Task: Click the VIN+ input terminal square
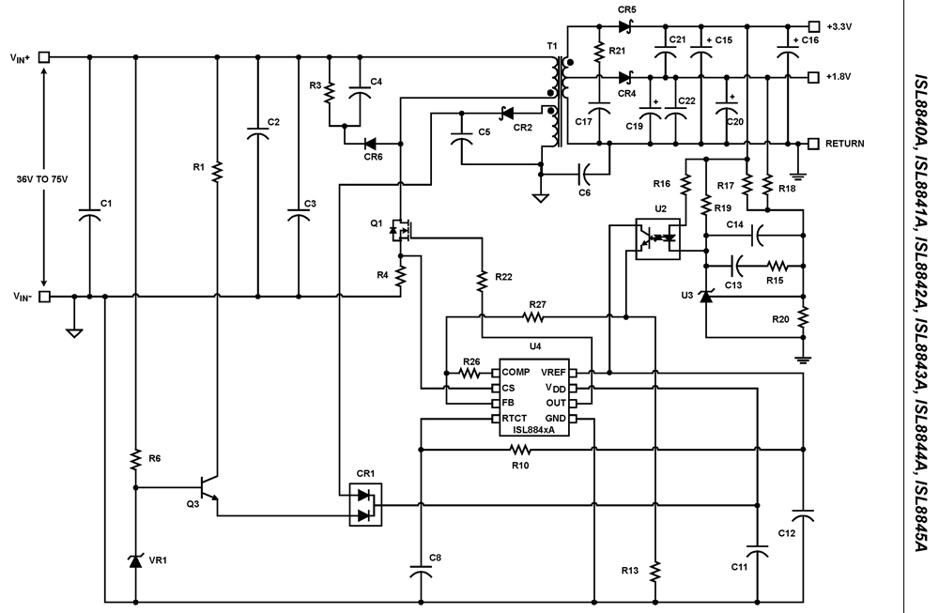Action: pyautogui.click(x=44, y=57)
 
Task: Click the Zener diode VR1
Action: pyautogui.click(x=136, y=560)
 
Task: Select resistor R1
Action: pyautogui.click(x=216, y=170)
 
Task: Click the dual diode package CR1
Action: pyautogui.click(x=364, y=504)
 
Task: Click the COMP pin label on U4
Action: pyautogui.click(x=516, y=373)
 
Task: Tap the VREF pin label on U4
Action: pyautogui.click(x=554, y=373)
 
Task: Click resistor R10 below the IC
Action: pyautogui.click(x=519, y=451)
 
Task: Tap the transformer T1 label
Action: pyautogui.click(x=551, y=46)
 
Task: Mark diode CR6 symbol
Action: pyautogui.click(x=370, y=144)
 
